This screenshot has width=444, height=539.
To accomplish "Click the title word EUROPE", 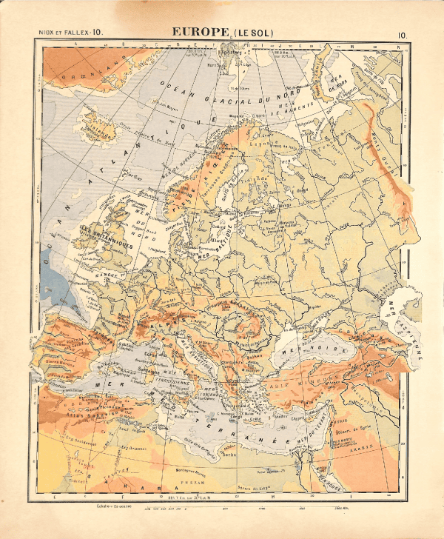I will tap(200, 33).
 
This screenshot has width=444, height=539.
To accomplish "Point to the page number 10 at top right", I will tap(401, 34).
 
